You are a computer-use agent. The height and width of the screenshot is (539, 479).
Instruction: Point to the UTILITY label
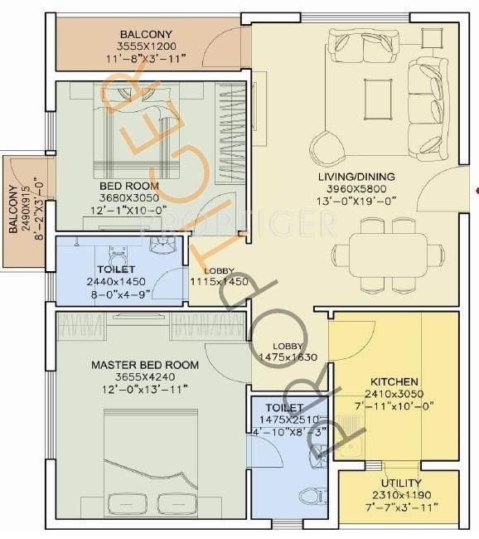[401, 483]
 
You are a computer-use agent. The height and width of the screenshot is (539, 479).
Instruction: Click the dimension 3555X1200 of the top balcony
[148, 46]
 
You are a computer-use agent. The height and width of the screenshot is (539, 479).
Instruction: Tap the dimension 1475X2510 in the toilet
[286, 420]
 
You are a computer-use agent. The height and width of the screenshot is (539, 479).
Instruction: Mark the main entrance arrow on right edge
[475, 191]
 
